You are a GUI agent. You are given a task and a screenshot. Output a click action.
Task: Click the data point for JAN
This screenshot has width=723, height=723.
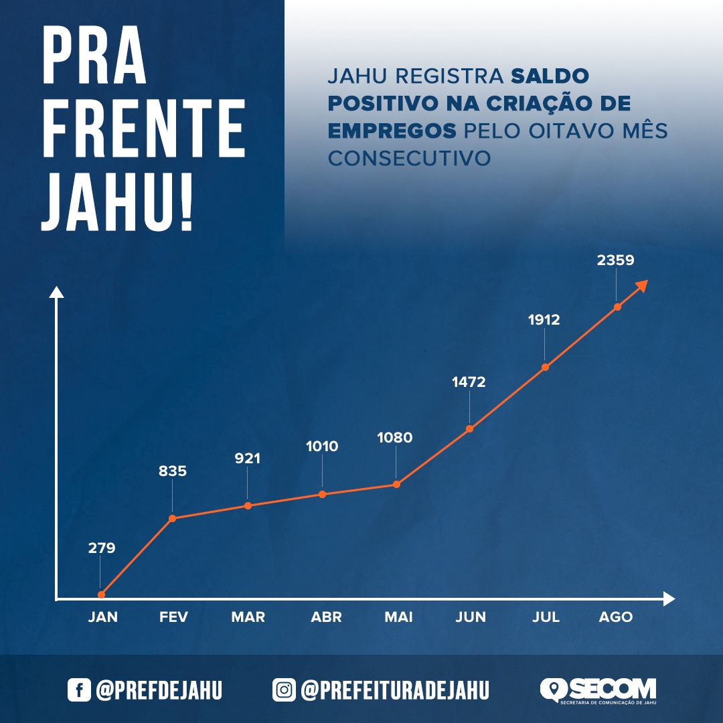[101, 594]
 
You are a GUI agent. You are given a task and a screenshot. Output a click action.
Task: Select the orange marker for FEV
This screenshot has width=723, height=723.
[172, 518]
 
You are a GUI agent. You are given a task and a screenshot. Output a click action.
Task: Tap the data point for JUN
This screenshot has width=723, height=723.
[469, 428]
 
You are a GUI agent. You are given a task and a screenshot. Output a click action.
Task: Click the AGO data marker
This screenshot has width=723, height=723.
[617, 307]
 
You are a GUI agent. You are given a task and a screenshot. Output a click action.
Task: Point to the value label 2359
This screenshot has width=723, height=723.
[615, 260]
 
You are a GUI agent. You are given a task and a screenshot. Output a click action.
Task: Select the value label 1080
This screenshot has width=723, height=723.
[394, 438]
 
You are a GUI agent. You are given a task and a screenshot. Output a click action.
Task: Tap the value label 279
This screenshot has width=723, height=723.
[102, 548]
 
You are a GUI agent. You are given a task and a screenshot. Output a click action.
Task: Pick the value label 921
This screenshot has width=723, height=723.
[247, 459]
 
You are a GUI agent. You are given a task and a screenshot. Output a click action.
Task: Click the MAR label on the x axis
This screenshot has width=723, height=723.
[248, 617]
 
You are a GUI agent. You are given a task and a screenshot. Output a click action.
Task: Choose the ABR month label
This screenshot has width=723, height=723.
[326, 617]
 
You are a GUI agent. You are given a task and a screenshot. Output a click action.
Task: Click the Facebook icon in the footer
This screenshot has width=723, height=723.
[79, 690]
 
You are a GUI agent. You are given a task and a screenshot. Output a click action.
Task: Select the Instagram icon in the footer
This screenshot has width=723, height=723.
[284, 690]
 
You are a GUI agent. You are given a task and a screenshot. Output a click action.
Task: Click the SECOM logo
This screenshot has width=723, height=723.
[598, 690]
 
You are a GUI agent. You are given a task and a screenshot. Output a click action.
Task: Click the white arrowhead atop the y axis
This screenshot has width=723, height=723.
[57, 292]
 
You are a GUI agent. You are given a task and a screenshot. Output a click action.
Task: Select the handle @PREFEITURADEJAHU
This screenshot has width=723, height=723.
[395, 690]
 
